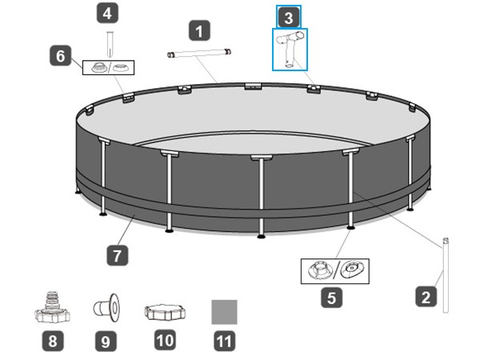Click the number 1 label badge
point(199,30)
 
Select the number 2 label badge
point(426,296)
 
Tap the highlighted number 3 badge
point(289,17)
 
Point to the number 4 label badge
point(107,13)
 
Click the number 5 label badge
point(331,298)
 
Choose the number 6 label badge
point(61,56)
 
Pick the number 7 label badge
point(118,255)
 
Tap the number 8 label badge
point(53,341)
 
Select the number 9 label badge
point(106,341)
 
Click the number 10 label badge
point(165,340)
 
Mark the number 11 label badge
point(224,341)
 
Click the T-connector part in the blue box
point(289,49)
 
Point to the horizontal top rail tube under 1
point(199,53)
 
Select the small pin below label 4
point(110,44)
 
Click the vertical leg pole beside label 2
point(446,275)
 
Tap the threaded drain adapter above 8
point(52,308)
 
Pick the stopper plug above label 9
point(106,308)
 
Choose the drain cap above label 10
point(165,312)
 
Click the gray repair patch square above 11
point(224,312)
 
